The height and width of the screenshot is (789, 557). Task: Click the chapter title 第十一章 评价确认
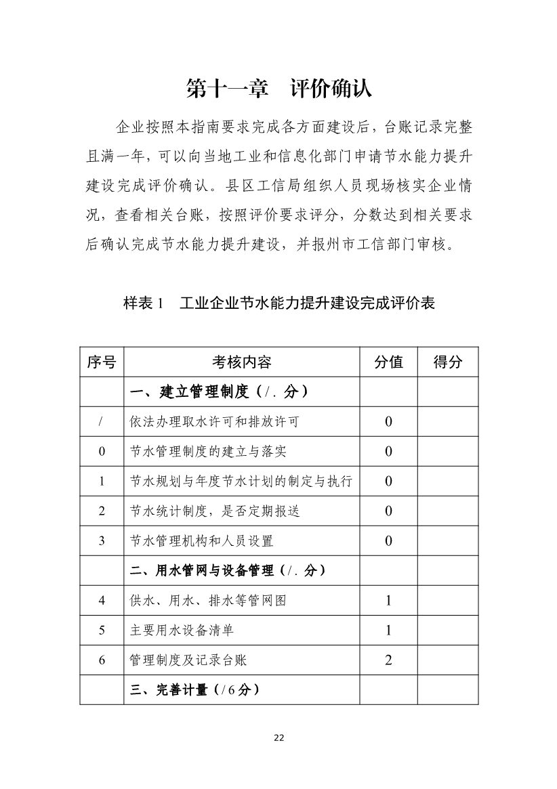pos(278,89)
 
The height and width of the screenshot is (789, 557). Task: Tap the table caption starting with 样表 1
pos(278,303)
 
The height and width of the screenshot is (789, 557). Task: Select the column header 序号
pos(102,362)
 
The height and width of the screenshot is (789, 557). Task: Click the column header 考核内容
pos(241,362)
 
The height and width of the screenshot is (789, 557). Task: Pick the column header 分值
pos(388,362)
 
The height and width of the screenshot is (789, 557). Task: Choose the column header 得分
pos(447,362)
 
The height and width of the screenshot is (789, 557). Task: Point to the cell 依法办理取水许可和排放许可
pos(214,422)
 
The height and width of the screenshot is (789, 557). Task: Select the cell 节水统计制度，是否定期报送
pos(214,511)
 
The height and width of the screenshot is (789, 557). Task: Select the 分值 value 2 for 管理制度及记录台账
pos(388,660)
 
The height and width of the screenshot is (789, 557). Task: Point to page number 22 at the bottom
pos(278,738)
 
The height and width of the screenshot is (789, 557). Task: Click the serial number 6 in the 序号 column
pos(102,660)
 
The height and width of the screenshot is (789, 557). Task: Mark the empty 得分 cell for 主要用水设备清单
pos(447,630)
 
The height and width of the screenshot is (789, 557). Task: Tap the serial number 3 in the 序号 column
pos(102,540)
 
